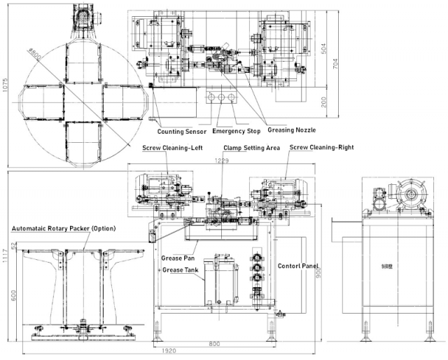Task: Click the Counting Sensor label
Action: pos(181,131)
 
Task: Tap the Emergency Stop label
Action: pos(238,131)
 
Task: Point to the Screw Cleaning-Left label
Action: pos(170,148)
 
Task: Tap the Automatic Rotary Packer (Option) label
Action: pos(64,229)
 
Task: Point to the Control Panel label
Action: pos(298,267)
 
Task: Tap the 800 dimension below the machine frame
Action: pos(214,344)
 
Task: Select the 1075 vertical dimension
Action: pos(6,85)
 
